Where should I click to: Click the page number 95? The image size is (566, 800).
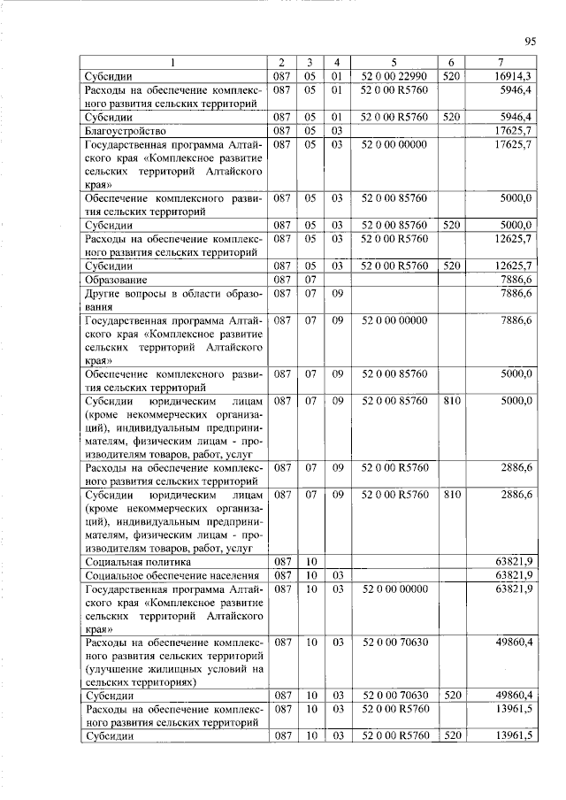[x=531, y=40]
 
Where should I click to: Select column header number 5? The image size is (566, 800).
[x=394, y=62]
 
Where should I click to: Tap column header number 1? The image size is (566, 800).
[x=173, y=62]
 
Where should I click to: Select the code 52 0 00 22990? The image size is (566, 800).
[x=394, y=77]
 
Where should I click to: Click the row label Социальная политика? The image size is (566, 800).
[x=134, y=561]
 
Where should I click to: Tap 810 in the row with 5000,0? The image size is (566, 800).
[x=451, y=401]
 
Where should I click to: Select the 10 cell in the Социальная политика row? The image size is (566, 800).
[x=310, y=561]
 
